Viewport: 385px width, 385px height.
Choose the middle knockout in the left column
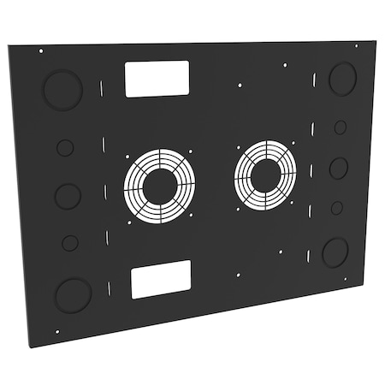click(68, 196)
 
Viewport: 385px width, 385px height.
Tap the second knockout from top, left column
click(65, 148)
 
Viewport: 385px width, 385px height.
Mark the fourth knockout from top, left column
click(70, 243)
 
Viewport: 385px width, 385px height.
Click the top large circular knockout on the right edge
click(342, 78)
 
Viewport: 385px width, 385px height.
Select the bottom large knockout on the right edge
click(335, 252)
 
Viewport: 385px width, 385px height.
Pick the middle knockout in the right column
click(339, 168)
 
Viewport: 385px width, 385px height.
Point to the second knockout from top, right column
click(341, 127)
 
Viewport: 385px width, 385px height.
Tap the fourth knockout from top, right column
click(337, 207)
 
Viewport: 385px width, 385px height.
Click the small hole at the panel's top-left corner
click(41, 51)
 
